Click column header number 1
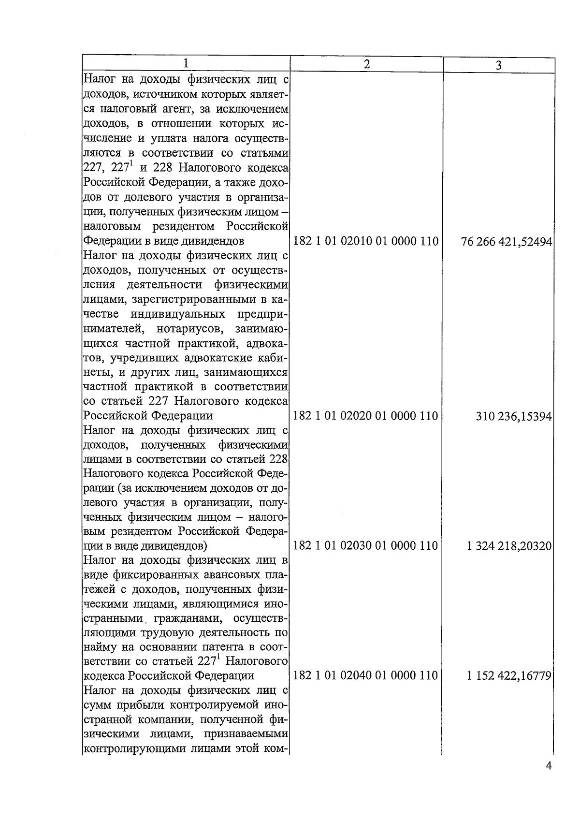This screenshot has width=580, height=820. (x=186, y=64)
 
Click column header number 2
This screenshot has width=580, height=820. (x=366, y=64)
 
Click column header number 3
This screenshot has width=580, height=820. (x=499, y=65)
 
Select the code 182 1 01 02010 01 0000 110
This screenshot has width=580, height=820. (x=365, y=241)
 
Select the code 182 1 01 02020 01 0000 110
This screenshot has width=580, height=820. (x=365, y=416)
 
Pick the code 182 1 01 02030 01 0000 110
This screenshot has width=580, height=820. (x=365, y=546)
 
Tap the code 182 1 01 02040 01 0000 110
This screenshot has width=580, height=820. (x=365, y=675)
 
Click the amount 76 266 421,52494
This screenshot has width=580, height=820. (x=507, y=242)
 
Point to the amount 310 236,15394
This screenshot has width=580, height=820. (x=514, y=416)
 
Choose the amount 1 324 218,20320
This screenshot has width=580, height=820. (x=509, y=546)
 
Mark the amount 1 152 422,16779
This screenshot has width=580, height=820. (x=509, y=675)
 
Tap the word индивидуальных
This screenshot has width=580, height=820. (x=177, y=314)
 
